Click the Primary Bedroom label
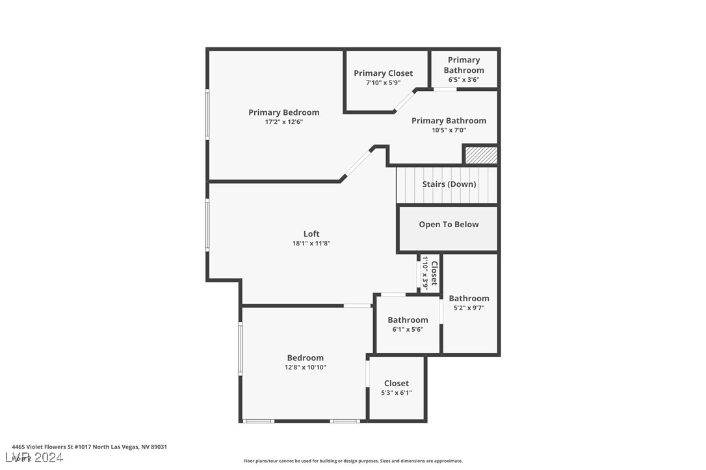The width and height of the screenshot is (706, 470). pos(283,112)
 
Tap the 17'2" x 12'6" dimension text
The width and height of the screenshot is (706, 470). pos(283,122)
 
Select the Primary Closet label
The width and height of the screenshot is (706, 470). pos(383,73)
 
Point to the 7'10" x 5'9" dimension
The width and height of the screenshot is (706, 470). pos(383,83)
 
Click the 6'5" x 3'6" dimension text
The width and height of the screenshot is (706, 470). pos(464,80)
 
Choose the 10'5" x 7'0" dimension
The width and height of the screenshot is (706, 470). pos(449,130)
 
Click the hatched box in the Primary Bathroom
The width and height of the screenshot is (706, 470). pos(481,155)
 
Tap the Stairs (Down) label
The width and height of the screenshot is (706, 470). pos(449,184)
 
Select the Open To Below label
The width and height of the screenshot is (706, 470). pos(449,225)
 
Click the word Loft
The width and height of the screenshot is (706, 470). pos(311,234)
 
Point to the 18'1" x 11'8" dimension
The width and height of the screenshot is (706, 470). pos(311,243)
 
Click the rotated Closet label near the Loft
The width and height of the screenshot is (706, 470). pos(434,273)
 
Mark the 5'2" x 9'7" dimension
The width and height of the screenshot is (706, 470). pos(469,308)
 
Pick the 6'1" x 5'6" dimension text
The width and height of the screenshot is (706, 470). pos(408,329)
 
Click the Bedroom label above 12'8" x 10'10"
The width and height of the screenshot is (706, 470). pos(305,358)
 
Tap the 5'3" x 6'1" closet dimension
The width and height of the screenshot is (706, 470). pos(396,393)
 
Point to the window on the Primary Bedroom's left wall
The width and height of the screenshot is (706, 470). pos(208,114)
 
